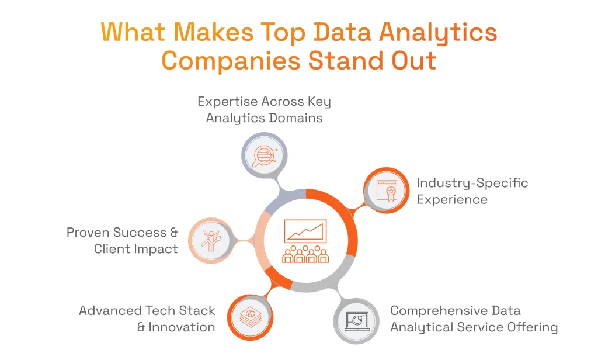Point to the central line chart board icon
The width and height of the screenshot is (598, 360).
305,231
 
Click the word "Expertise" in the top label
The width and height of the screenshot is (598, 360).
227,102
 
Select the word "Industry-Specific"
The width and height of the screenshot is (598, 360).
472,183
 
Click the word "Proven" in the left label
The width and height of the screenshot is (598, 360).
88,233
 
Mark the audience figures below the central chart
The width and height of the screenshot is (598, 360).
305,255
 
